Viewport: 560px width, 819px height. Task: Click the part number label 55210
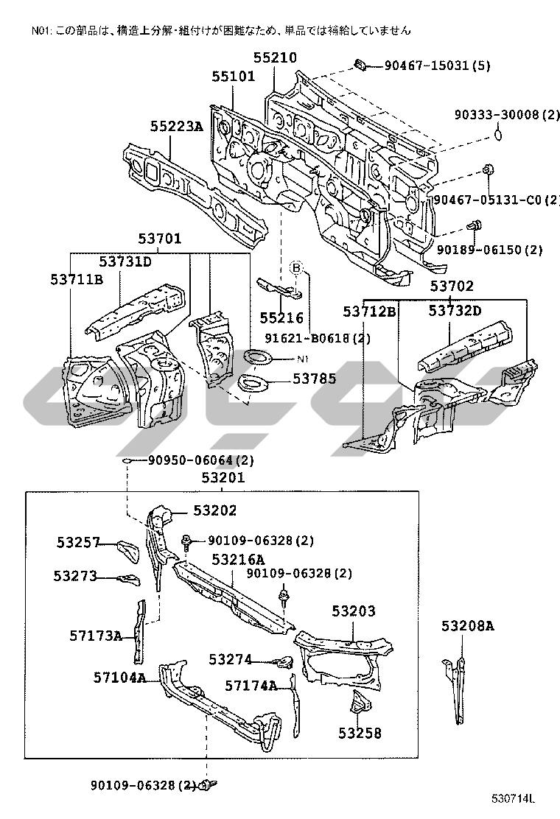pos(275,57)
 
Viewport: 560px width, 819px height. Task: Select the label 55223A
pos(176,126)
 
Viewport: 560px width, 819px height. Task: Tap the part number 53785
pos(314,378)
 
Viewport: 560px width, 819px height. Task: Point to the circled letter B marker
pos(296,268)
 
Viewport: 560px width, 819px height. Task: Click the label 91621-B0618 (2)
pos(318,338)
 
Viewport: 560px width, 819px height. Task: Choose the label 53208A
pos(467,625)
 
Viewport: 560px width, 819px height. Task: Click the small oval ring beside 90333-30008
pos(498,135)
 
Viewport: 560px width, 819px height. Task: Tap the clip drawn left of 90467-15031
pos(360,66)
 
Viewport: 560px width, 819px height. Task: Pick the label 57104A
pos(119,678)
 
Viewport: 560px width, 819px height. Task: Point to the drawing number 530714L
pos(514,798)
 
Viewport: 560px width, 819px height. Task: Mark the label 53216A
pos(238,560)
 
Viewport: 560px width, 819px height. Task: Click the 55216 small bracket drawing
pos(279,289)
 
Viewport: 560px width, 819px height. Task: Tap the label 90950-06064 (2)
pos(200,460)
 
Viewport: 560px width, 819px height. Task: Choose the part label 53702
pos(452,286)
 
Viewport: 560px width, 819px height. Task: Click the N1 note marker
pos(303,359)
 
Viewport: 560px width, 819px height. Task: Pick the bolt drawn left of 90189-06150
pos(474,227)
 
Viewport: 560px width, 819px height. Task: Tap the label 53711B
pos(77,279)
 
